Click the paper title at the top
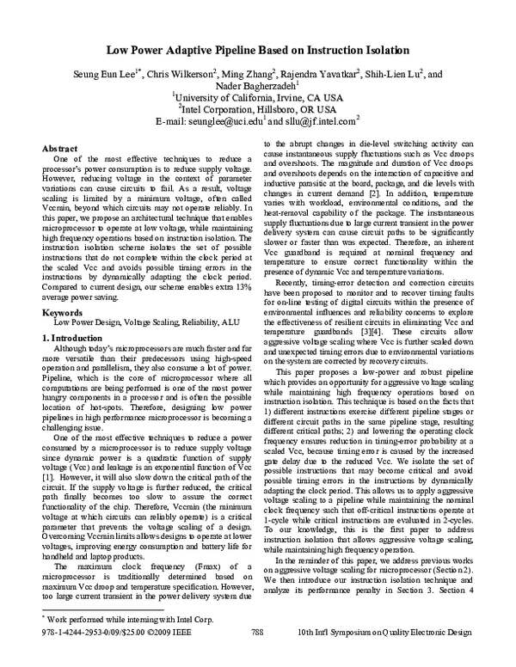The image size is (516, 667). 257,52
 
